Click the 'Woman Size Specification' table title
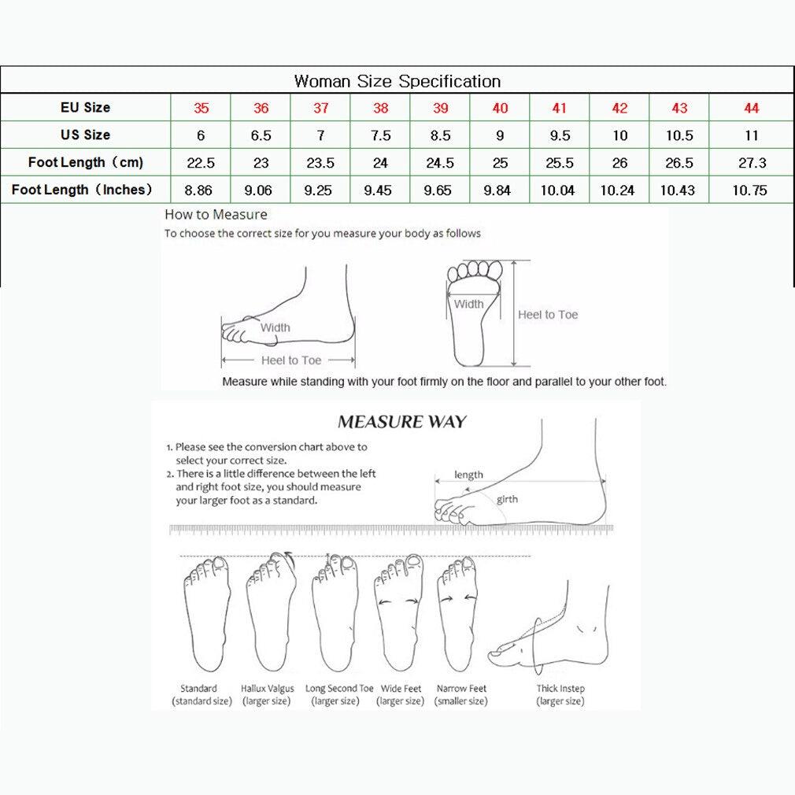397,81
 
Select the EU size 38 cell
380,109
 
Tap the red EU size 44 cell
751,109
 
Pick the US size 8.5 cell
440,135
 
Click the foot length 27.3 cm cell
751,163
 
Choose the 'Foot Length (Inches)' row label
82,190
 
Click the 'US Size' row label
85,135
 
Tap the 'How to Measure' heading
216,214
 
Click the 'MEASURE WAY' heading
401,422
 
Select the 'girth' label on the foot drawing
507,499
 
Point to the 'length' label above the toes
468,475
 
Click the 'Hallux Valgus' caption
268,689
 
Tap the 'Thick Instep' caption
560,689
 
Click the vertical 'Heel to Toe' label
548,315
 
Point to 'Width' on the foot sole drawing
468,304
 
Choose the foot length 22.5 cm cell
201,163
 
